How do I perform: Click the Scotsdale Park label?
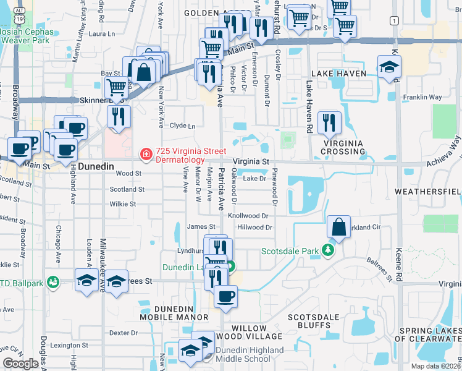tap(293, 251)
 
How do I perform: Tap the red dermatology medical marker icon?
tap(145, 153)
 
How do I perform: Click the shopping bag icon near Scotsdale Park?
tap(339, 228)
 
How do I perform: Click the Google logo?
tap(20, 364)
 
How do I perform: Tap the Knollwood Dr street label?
tap(248, 216)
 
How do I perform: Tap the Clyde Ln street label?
tap(182, 126)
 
